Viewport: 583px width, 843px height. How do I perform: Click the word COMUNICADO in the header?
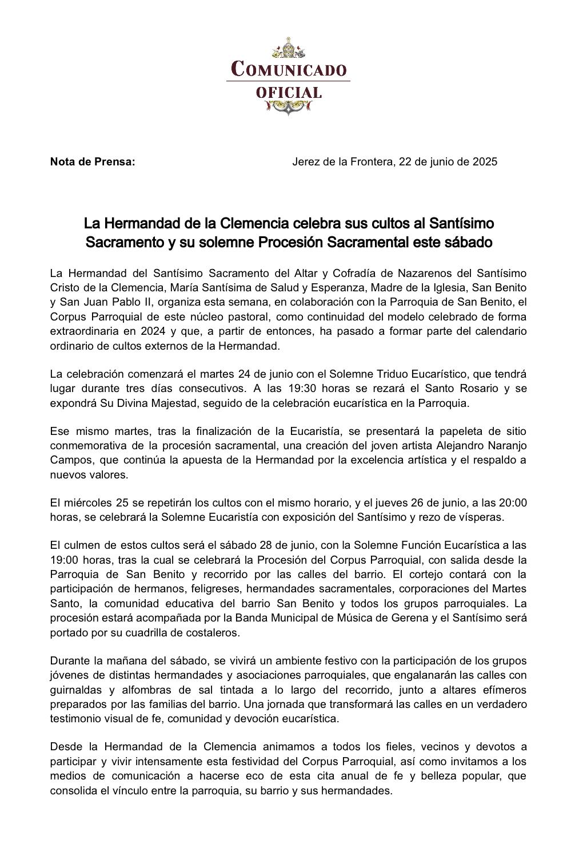pos(289,69)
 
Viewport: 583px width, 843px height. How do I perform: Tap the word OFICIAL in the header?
pos(289,92)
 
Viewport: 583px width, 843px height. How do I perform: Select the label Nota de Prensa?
pos(93,161)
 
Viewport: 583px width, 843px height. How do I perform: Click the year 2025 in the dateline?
pos(485,161)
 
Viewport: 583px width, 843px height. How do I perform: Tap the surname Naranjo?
pos(505,445)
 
